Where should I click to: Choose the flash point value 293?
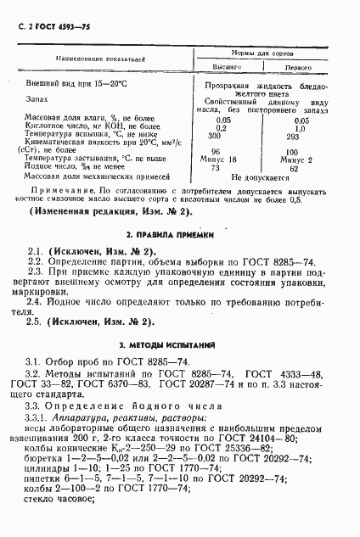point(293,135)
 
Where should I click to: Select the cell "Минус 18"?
point(225,159)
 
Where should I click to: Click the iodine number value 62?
point(294,167)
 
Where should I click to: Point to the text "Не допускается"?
point(259,176)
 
